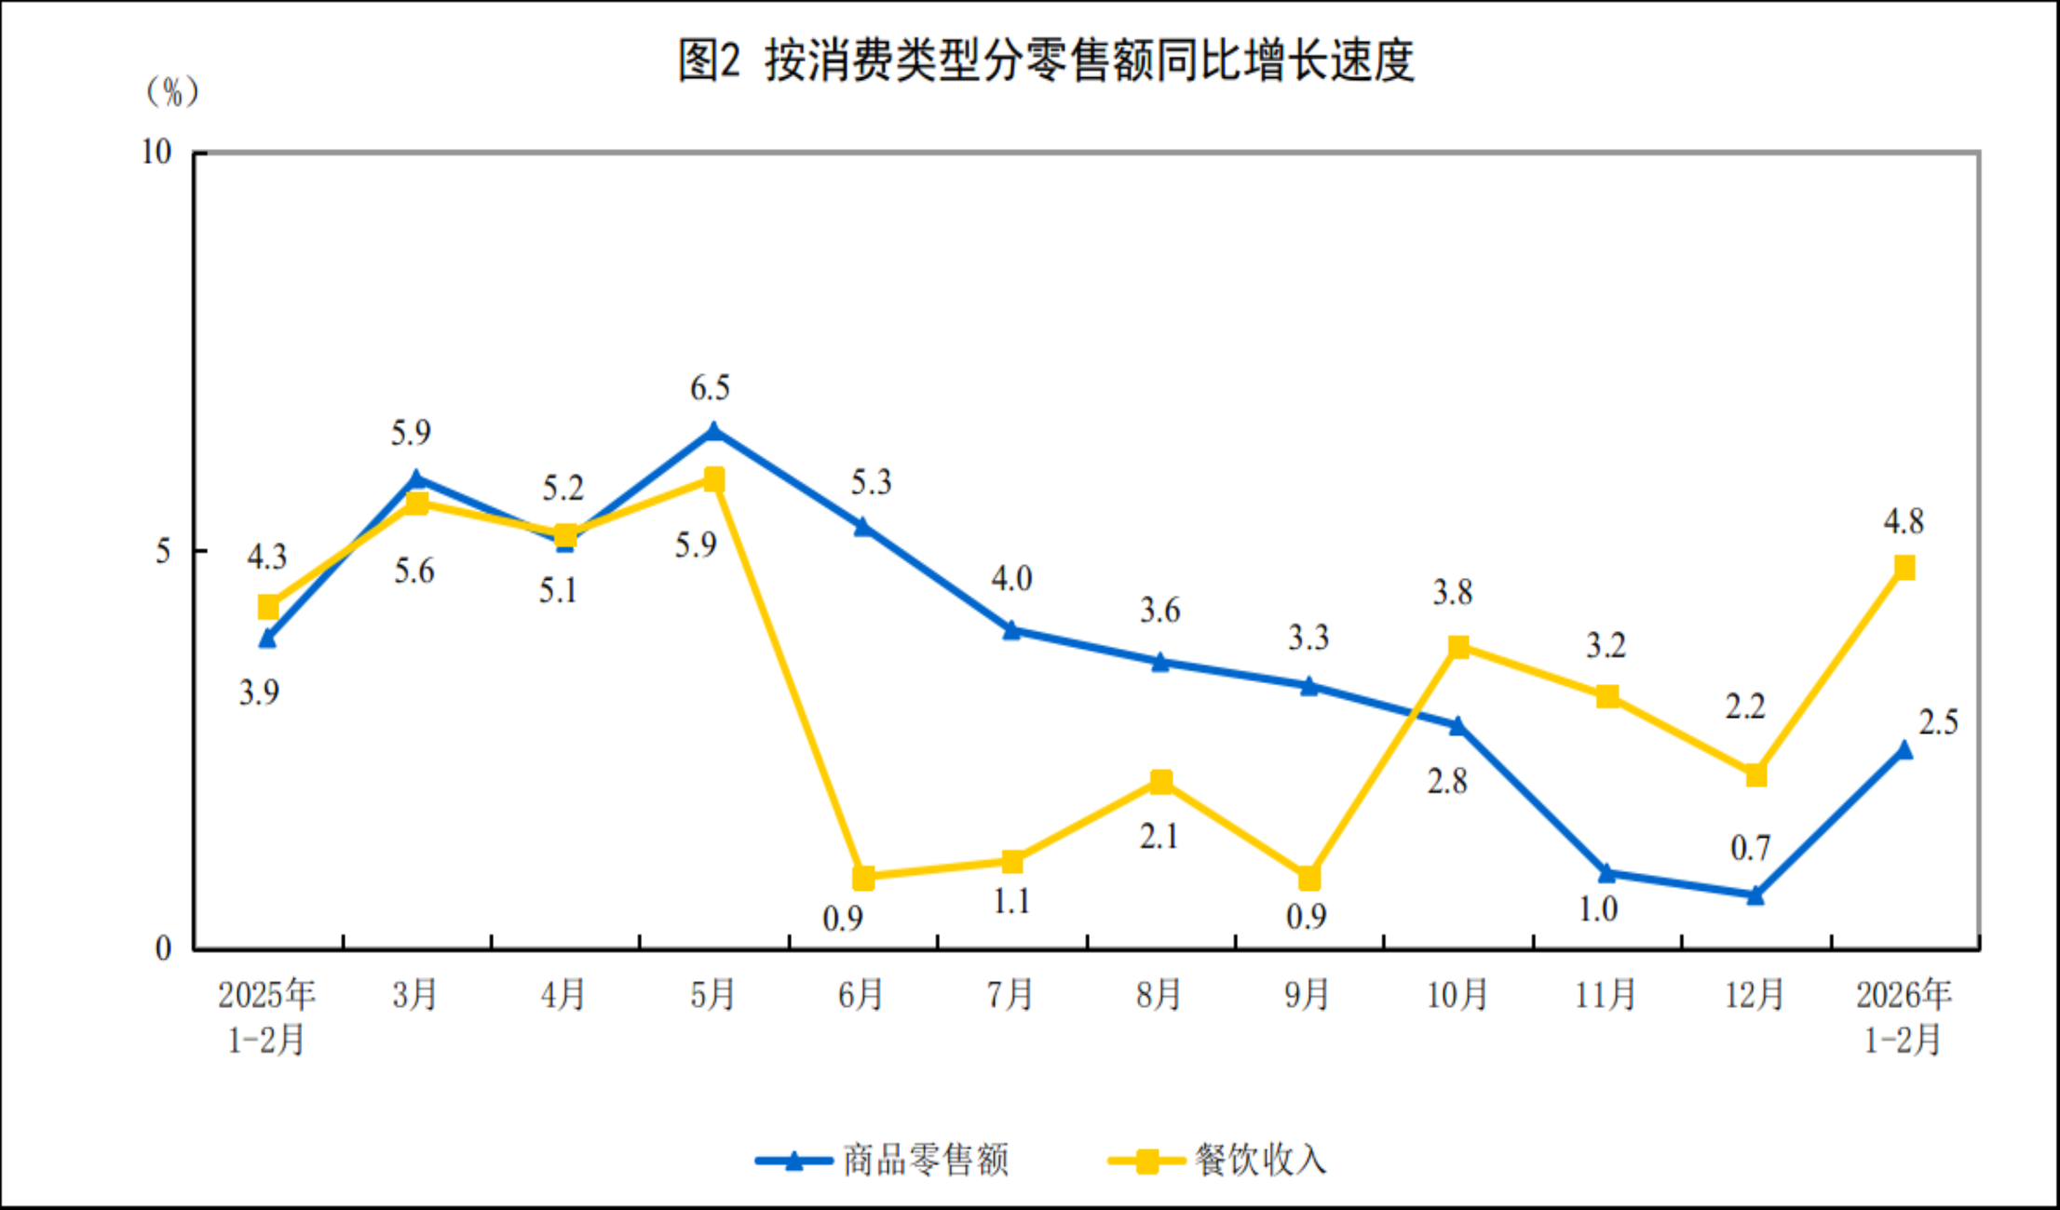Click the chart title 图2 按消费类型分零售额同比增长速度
pyautogui.click(x=1046, y=61)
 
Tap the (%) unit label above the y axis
pyautogui.click(x=172, y=91)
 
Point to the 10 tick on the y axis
pyautogui.click(x=156, y=152)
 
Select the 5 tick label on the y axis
pyautogui.click(x=163, y=551)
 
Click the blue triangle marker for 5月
pyautogui.click(x=713, y=432)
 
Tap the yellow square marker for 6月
pyautogui.click(x=863, y=877)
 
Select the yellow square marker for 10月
pyautogui.click(x=1458, y=647)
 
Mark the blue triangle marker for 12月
pyautogui.click(x=1755, y=895)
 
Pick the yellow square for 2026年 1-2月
pyautogui.click(x=1904, y=568)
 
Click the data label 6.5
pyautogui.click(x=710, y=388)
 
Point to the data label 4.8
pyautogui.click(x=1903, y=522)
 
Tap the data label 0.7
pyautogui.click(x=1750, y=848)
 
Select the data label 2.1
pyautogui.click(x=1159, y=837)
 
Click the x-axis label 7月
pyautogui.click(x=1010, y=995)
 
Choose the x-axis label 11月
pyautogui.click(x=1606, y=995)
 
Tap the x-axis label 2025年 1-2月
pyautogui.click(x=266, y=1016)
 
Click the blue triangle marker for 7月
pyautogui.click(x=1011, y=630)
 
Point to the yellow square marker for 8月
pyautogui.click(x=1160, y=782)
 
